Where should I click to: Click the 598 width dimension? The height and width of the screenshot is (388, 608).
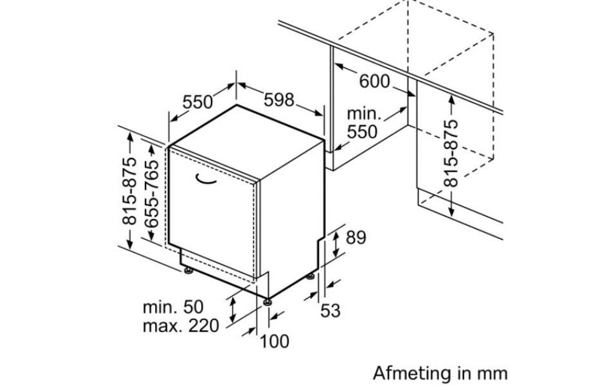coord(279,100)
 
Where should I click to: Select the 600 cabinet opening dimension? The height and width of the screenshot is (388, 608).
coord(374,81)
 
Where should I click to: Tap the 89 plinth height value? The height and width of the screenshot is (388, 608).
coord(356,237)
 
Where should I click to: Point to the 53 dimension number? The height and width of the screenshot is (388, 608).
coord(330,310)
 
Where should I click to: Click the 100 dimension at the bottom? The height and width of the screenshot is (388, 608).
coord(274,341)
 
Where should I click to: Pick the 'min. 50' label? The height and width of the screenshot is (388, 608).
coord(173,307)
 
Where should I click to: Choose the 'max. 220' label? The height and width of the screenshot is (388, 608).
coord(181,326)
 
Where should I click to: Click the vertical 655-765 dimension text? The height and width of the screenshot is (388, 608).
coord(151,193)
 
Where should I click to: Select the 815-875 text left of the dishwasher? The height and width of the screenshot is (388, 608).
coord(130,191)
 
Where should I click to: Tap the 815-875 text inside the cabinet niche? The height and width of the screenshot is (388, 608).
coord(451,154)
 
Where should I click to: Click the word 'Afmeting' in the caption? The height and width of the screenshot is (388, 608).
coord(412,373)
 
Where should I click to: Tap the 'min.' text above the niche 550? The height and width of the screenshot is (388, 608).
coord(364,114)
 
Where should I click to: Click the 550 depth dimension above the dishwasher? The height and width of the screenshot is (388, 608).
coord(198,102)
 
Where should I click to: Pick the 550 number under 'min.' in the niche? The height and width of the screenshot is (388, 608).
coord(362,132)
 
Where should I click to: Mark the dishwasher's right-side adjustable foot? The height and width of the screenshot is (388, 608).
coord(311,277)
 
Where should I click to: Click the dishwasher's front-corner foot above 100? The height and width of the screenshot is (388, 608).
coord(267,302)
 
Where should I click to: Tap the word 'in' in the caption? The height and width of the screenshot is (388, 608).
coord(465,373)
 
